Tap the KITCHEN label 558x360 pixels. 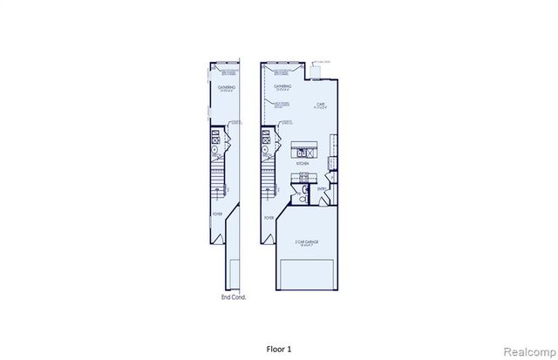point(303,162)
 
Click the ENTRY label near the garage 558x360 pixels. point(322,188)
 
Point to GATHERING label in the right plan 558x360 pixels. point(282,87)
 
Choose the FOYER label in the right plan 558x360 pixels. point(269,218)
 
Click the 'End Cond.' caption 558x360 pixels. point(234,296)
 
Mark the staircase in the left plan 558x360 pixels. point(217,183)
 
